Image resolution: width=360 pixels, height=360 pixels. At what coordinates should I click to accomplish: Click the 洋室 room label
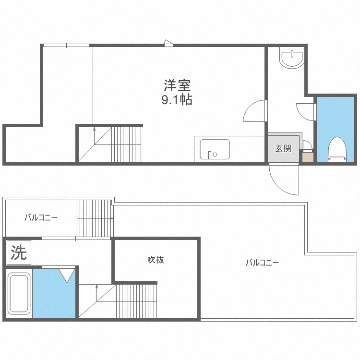(x=178, y=86)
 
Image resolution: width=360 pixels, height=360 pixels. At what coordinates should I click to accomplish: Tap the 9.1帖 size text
(x=177, y=100)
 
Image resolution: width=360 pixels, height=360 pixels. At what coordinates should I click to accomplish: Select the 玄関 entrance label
(x=283, y=148)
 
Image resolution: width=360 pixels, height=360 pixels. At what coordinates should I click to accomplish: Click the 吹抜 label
(x=156, y=260)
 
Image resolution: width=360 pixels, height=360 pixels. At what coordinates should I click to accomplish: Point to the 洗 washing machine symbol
(x=19, y=252)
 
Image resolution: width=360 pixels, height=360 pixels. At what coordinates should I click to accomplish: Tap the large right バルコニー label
(x=262, y=263)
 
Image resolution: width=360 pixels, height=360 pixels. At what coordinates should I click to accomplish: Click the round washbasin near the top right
(x=292, y=59)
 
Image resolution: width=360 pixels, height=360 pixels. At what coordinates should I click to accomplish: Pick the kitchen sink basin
(x=214, y=149)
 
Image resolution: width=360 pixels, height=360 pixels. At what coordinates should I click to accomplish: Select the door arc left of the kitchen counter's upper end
(x=254, y=112)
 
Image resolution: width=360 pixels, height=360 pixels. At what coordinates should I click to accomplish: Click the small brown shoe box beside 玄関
(x=307, y=157)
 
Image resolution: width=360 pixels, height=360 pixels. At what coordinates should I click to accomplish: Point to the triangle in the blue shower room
(x=67, y=275)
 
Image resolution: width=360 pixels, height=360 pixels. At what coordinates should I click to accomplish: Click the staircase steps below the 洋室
(x=126, y=144)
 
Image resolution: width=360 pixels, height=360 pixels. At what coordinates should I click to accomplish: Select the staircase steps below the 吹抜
(x=136, y=300)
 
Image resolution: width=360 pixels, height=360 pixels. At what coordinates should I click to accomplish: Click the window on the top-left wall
(x=66, y=46)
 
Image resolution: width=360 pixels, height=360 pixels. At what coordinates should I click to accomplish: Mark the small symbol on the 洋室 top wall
(x=168, y=43)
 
